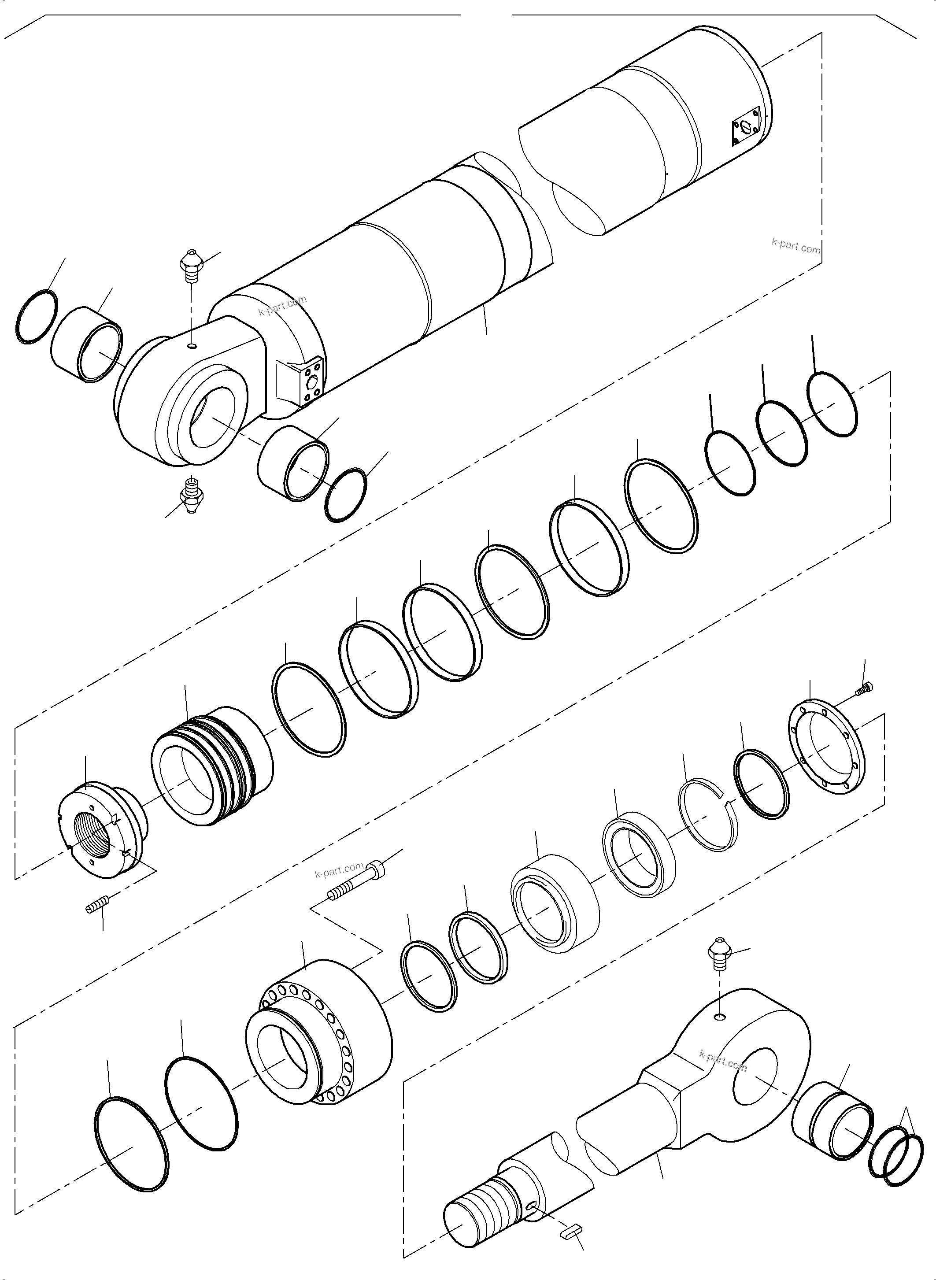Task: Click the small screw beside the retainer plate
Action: click(865, 688)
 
